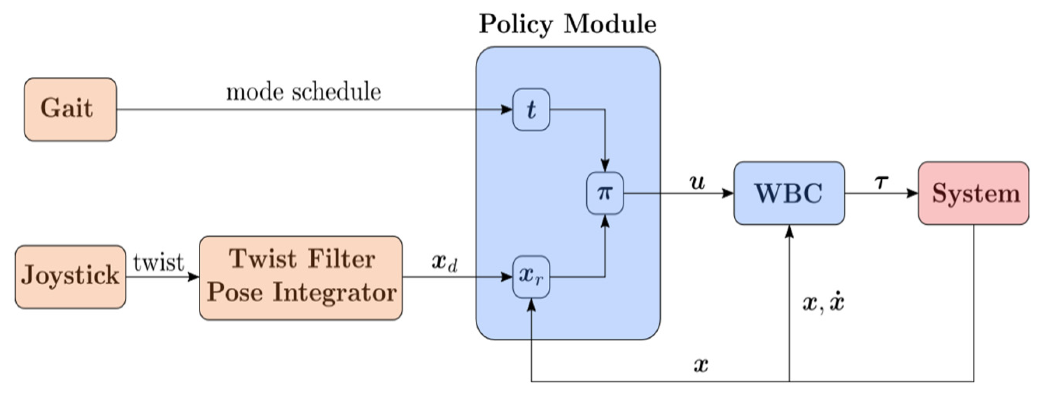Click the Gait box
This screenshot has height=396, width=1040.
tap(70, 109)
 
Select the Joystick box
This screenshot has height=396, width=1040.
tap(70, 277)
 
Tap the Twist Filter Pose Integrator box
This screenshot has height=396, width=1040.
tap(301, 278)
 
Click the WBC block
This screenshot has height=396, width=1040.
tap(789, 193)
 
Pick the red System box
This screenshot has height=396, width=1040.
tap(973, 193)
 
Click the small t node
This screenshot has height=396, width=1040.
tap(531, 109)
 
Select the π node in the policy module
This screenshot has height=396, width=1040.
tap(605, 193)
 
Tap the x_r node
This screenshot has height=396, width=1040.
tap(531, 277)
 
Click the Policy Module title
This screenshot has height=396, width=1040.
tap(567, 24)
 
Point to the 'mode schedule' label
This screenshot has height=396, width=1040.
tap(303, 92)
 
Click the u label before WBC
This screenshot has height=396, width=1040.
tap(698, 183)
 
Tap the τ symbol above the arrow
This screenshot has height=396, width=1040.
tap(882, 183)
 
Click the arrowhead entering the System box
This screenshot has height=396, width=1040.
tap(912, 193)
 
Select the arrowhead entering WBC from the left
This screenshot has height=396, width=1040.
tap(728, 193)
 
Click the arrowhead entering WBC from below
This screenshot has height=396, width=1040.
tap(789, 231)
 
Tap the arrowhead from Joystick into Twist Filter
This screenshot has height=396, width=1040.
tap(193, 277)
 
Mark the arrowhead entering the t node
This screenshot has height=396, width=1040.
tap(507, 109)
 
